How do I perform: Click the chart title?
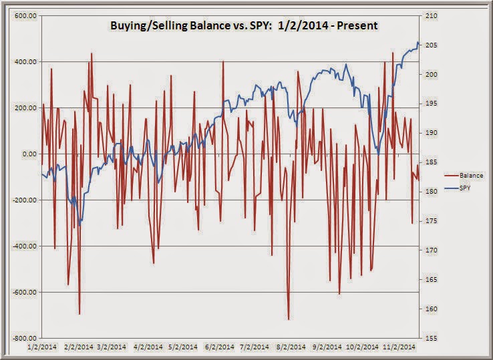coord(244,26)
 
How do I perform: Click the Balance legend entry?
coord(464,176)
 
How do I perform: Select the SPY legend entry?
coord(458,188)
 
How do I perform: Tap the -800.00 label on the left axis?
coord(25,339)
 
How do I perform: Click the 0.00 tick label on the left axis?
coord(29,154)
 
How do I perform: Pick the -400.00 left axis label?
coord(25,246)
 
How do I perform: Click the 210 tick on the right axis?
coord(432,16)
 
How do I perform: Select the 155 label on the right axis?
coord(432,339)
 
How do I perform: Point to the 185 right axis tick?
coord(432,162)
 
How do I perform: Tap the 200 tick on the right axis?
coord(432,75)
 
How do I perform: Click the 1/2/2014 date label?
coord(42,347)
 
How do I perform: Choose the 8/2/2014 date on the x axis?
coord(291,347)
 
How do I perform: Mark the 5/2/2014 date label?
coord(182,347)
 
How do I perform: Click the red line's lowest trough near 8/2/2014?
coord(289,319)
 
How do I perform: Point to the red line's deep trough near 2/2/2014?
coord(79,313)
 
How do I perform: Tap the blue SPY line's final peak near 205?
coord(418,42)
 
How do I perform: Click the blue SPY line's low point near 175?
coord(79,225)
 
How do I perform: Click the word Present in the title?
coord(357,26)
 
